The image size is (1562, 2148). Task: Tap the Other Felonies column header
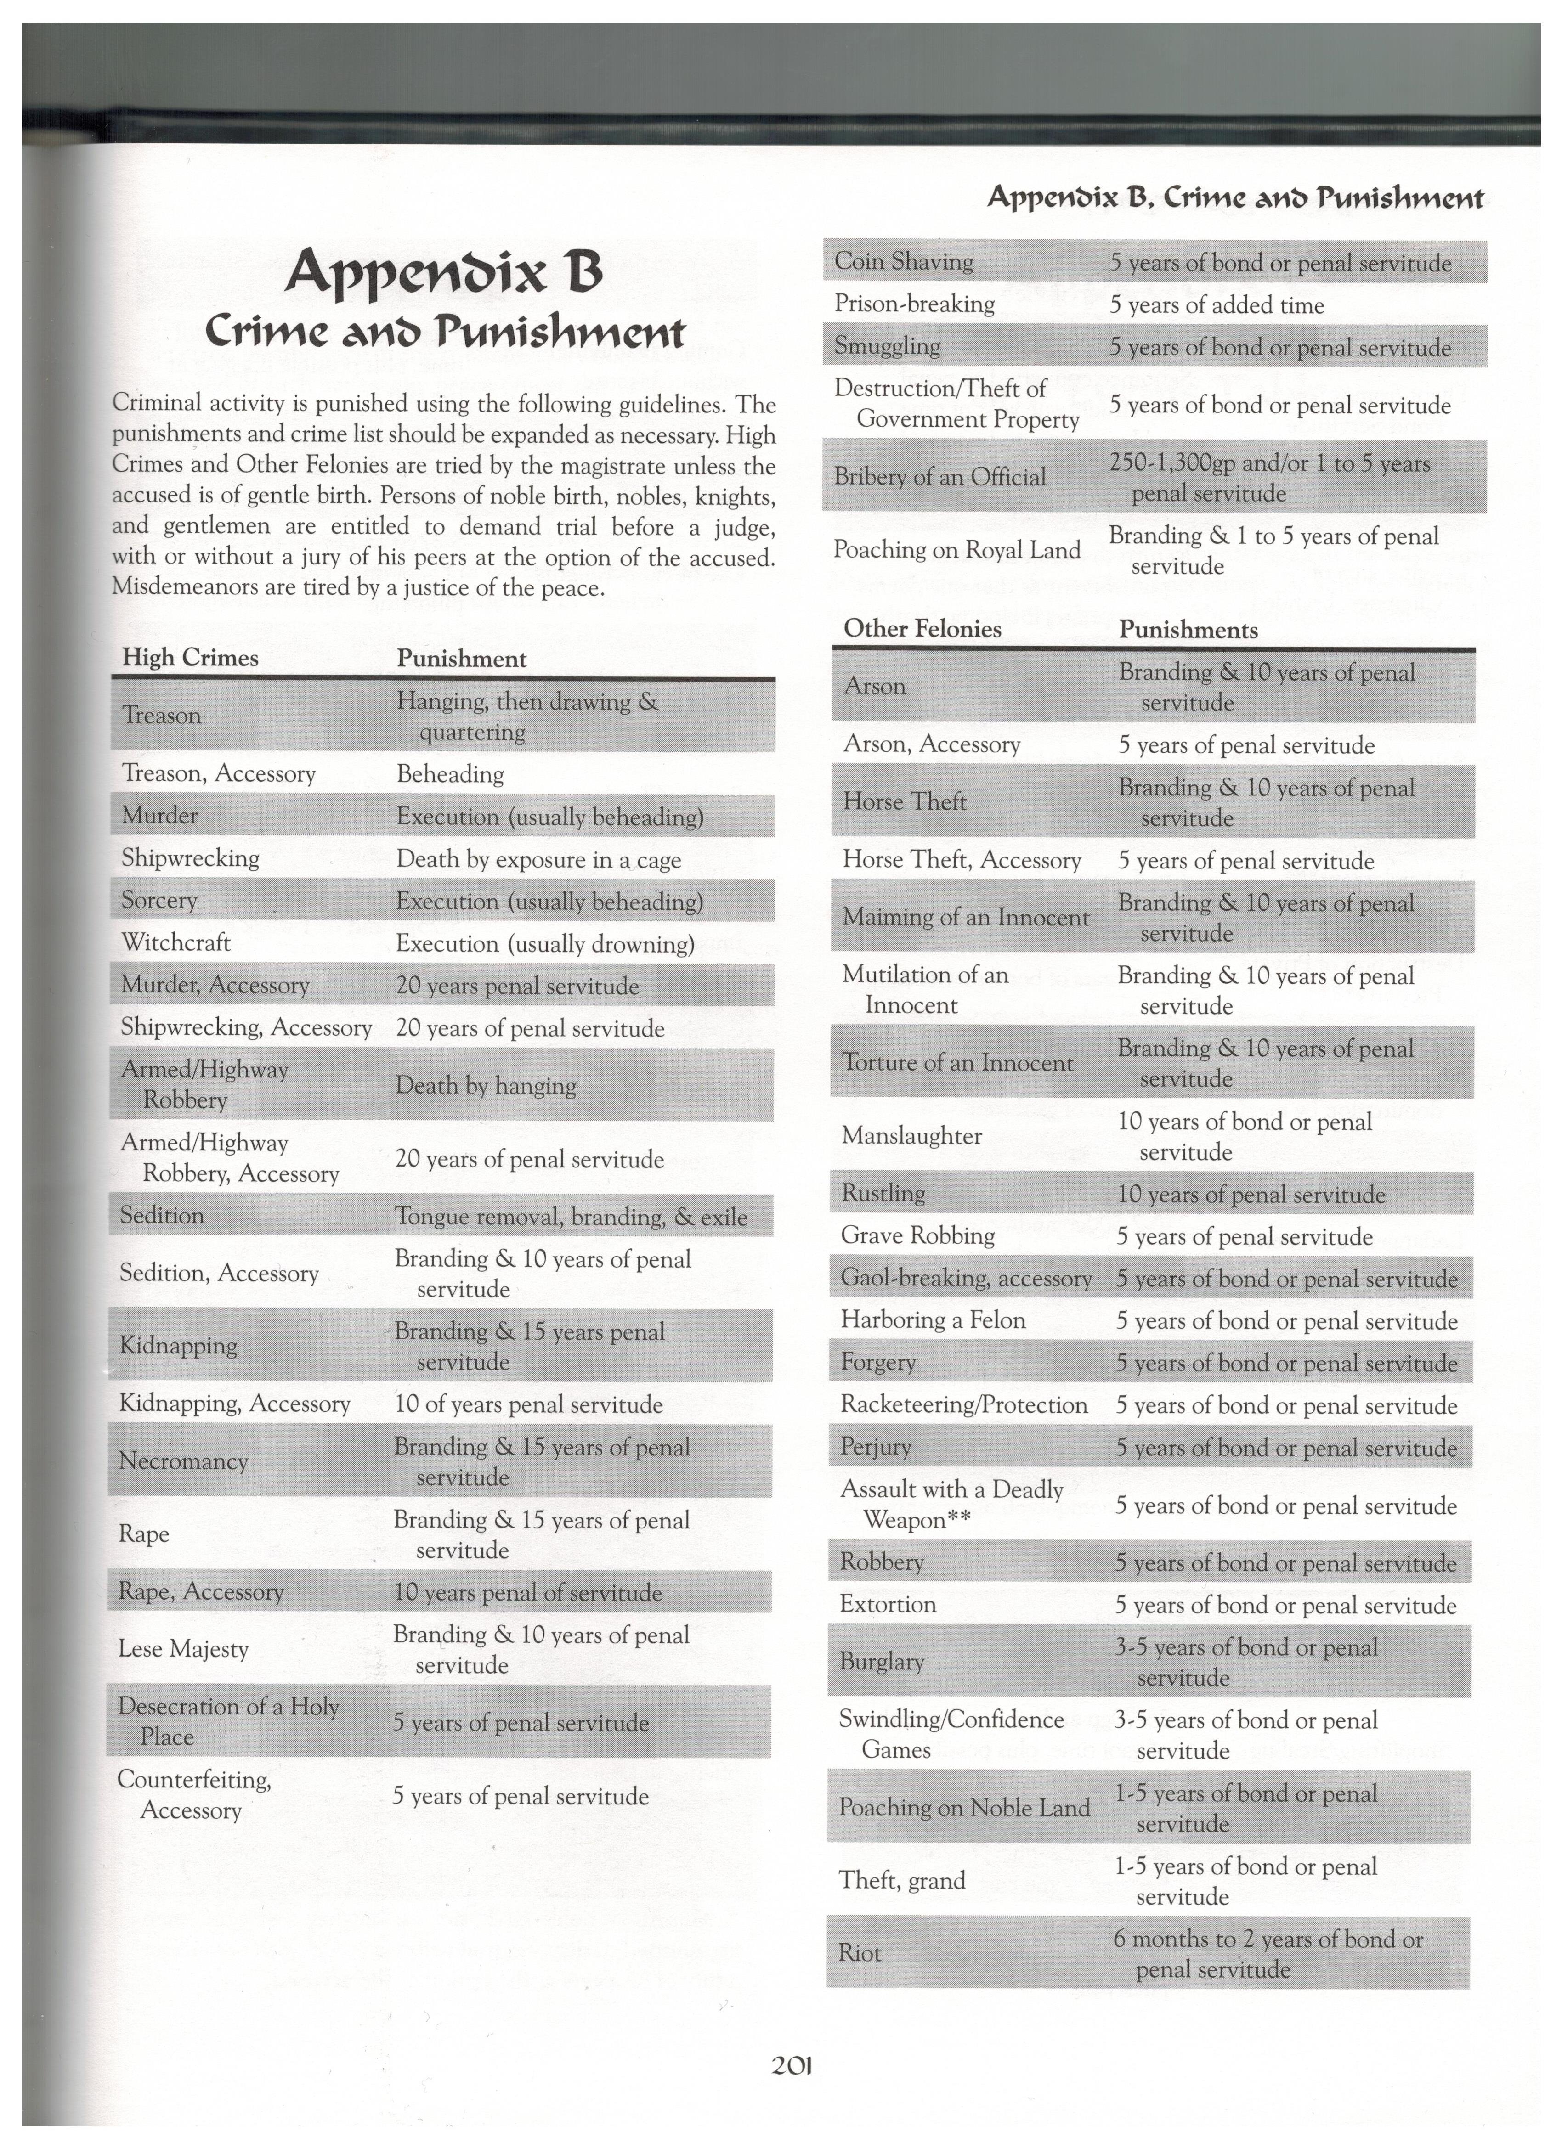[x=922, y=629]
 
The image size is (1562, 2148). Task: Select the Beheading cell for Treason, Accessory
[x=450, y=775]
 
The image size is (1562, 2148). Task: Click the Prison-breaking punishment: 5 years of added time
[x=1216, y=305]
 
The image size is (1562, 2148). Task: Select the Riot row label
[x=859, y=1953]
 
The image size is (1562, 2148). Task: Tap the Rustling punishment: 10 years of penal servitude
[x=1251, y=1194]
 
